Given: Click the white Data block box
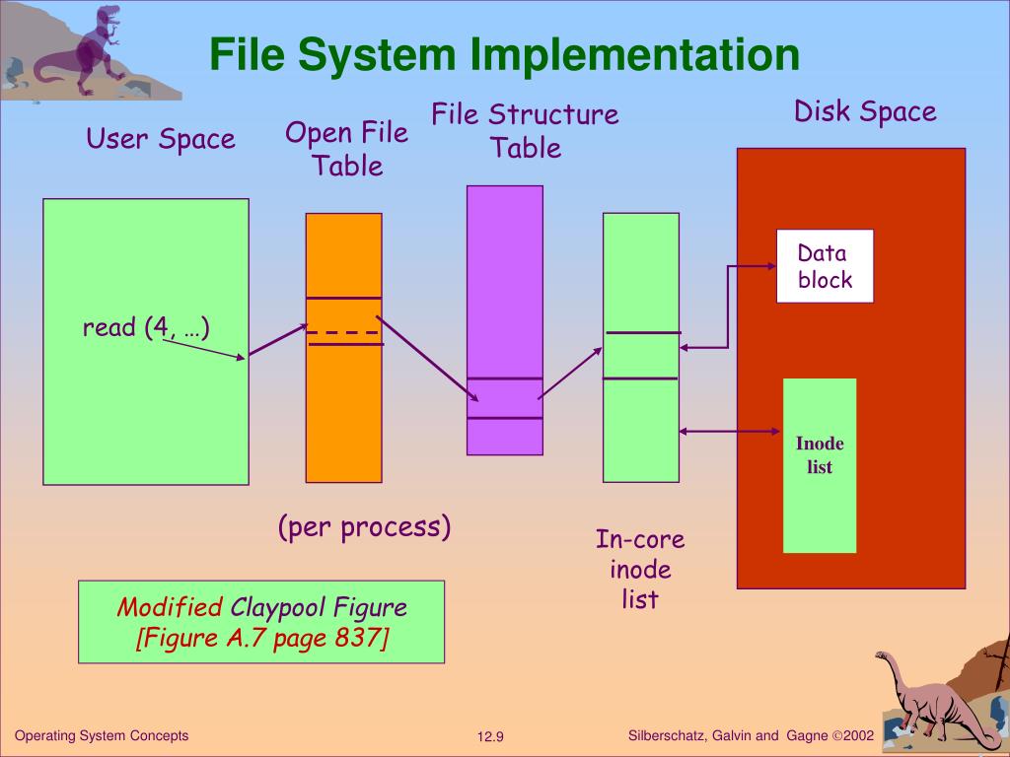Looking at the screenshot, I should [825, 266].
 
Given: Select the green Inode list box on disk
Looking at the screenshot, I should [820, 465].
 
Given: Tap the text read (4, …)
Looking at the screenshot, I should [146, 327].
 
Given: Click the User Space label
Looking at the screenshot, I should [161, 139].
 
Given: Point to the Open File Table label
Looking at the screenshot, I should [346, 149].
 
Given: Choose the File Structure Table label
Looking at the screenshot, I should [525, 131].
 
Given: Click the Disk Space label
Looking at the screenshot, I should [865, 111].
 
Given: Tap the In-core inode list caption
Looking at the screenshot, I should [640, 569].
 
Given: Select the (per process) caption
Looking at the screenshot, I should [364, 527].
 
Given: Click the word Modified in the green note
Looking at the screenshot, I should [170, 606].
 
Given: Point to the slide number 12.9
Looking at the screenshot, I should [490, 737].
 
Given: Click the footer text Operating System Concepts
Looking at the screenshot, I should [102, 736].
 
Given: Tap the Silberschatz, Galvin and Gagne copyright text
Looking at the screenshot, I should [751, 736].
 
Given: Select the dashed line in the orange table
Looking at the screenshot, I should [343, 332].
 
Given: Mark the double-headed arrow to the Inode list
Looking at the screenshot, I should [730, 430].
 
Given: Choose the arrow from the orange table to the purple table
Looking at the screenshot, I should [427, 360].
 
